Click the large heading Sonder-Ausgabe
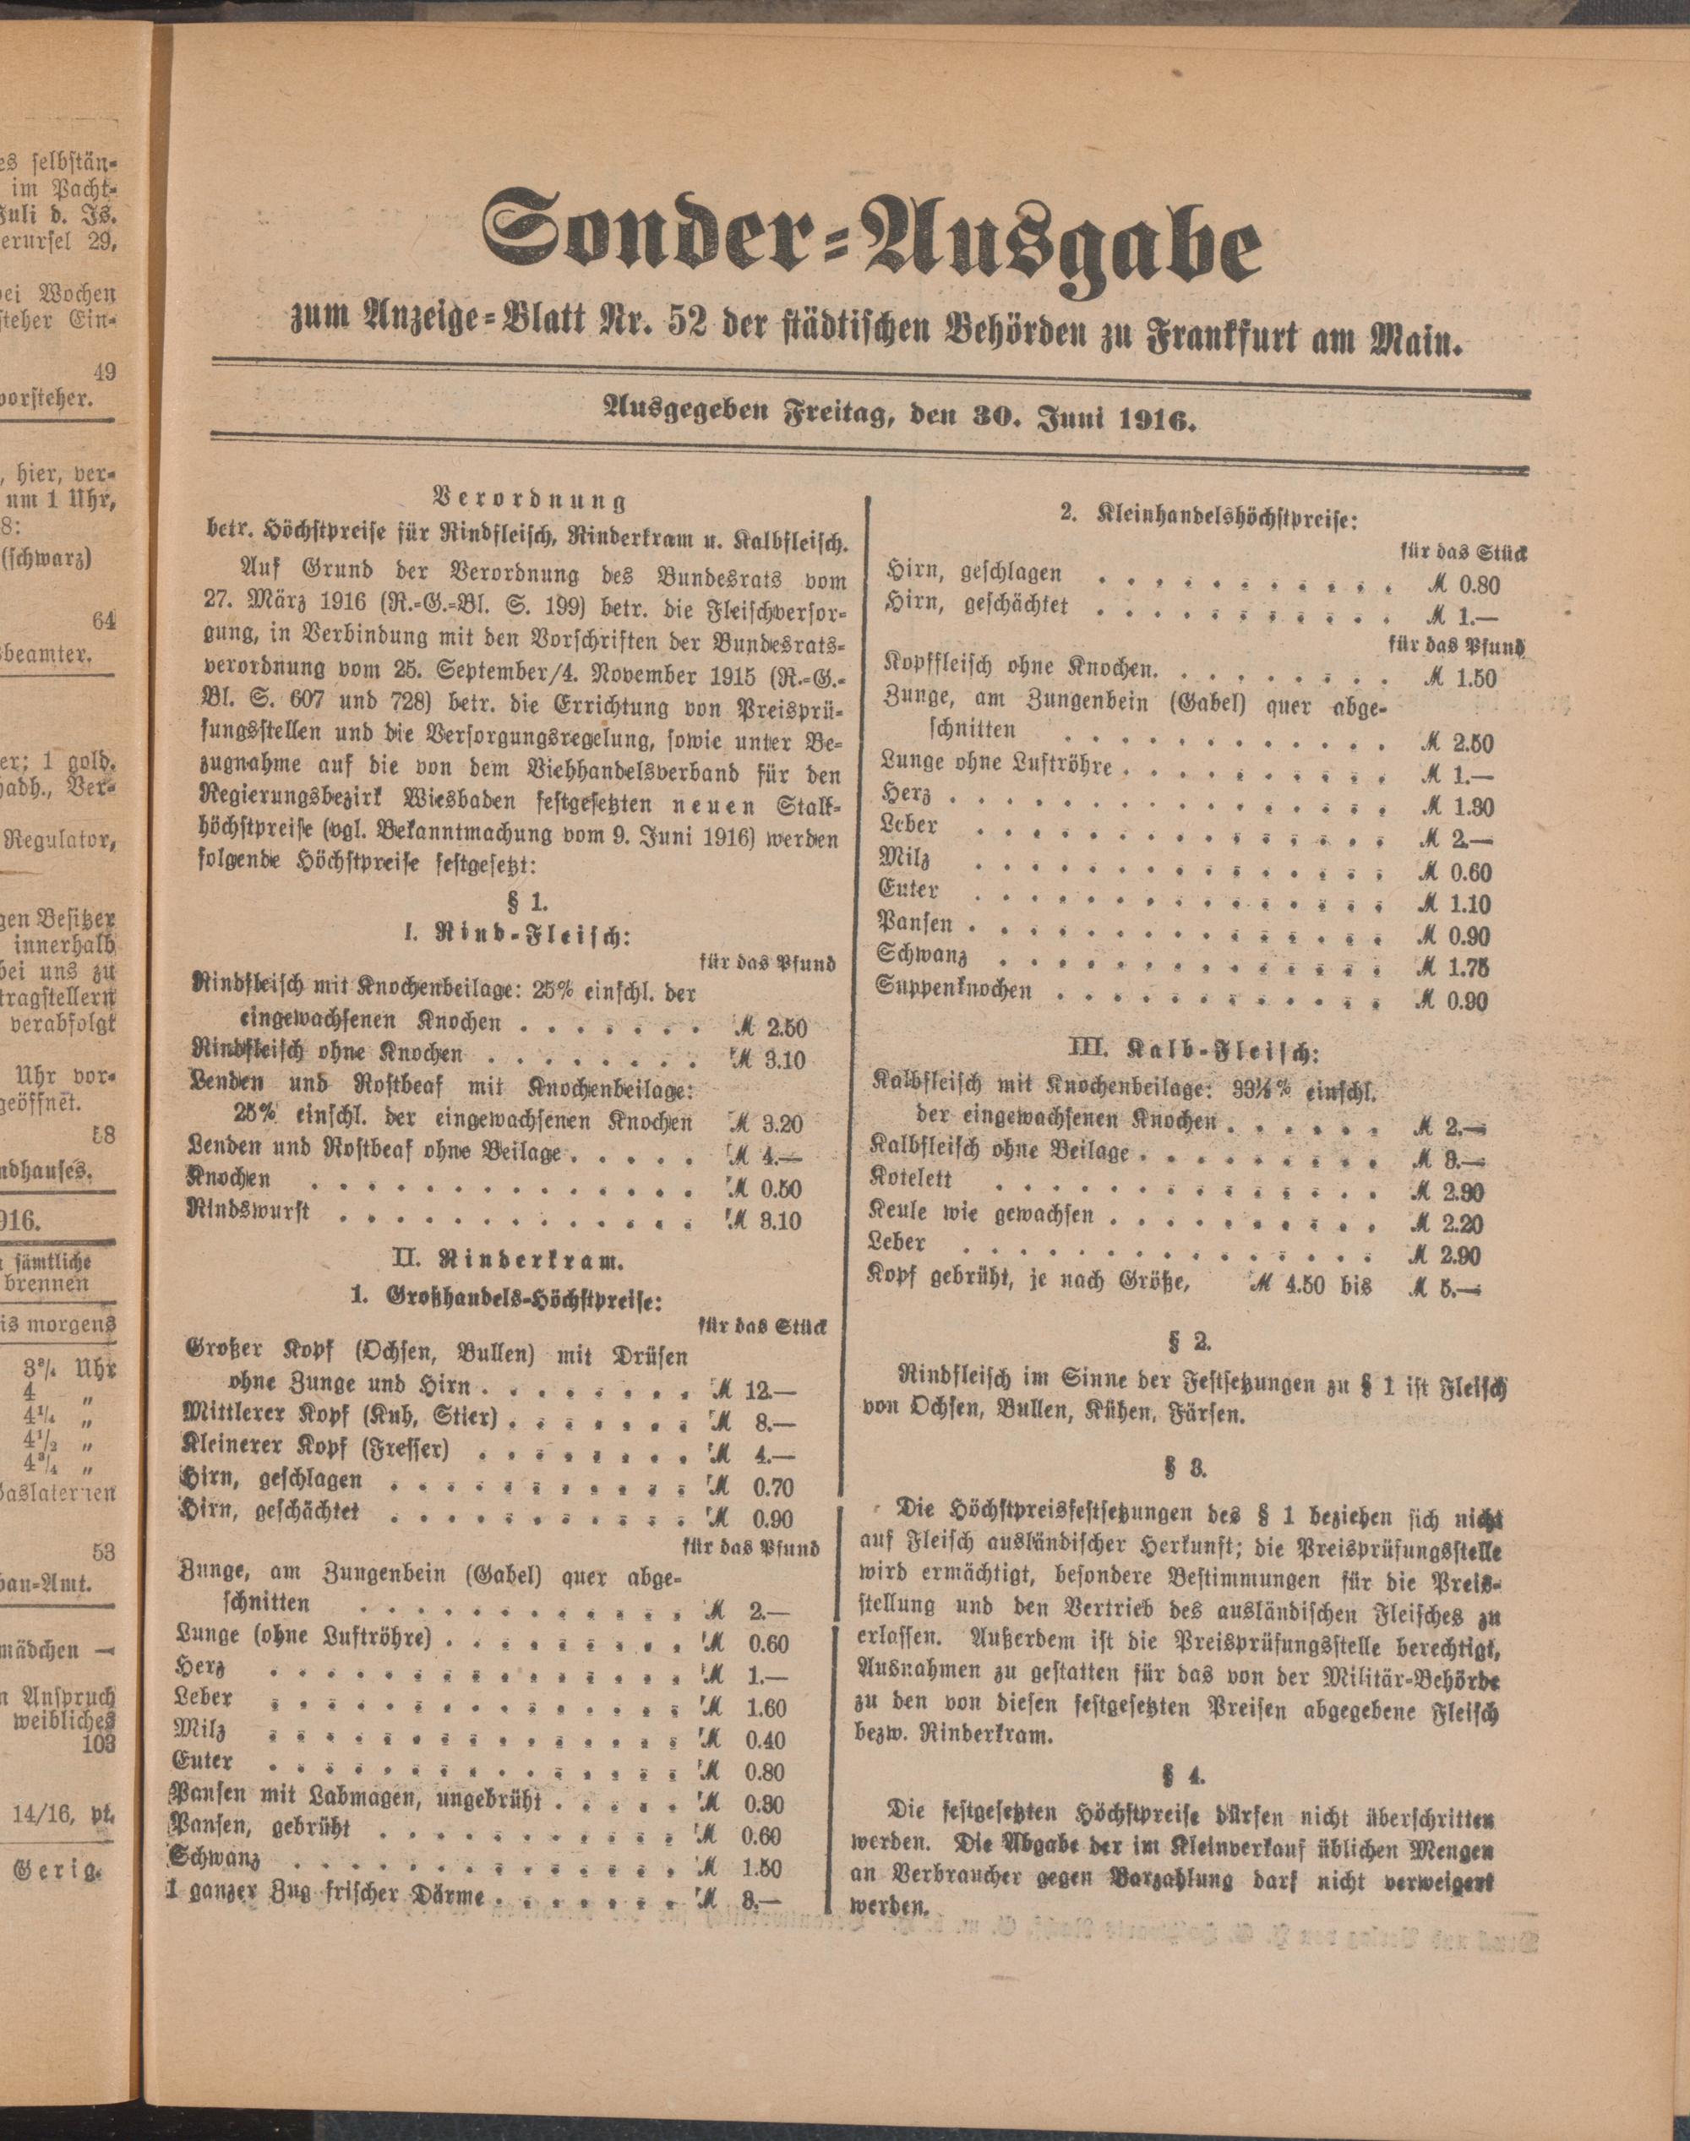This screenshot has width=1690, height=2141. pyautogui.click(x=870, y=248)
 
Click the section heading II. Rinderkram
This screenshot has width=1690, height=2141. pyautogui.click(x=523, y=1261)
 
